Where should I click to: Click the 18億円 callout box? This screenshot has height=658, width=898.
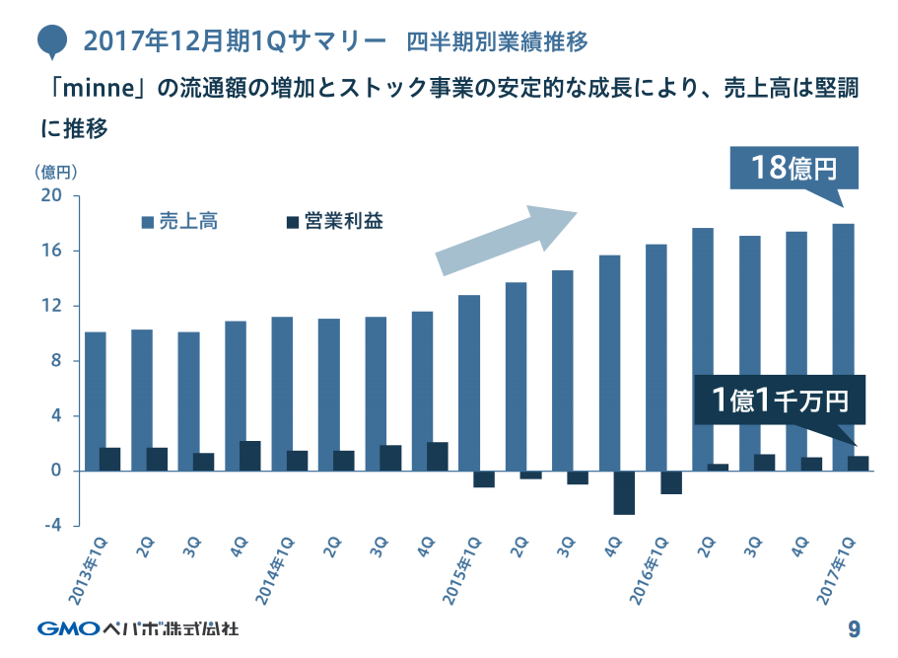[794, 168]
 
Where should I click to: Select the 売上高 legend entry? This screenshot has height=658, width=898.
[181, 222]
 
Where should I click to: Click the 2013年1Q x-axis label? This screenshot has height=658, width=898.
[95, 568]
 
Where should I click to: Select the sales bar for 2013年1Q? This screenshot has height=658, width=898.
[95, 402]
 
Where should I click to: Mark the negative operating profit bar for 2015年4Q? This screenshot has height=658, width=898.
[624, 492]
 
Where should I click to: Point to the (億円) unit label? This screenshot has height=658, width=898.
[56, 171]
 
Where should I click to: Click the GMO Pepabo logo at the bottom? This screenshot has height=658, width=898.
[138, 627]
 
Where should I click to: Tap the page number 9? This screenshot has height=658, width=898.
[854, 628]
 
